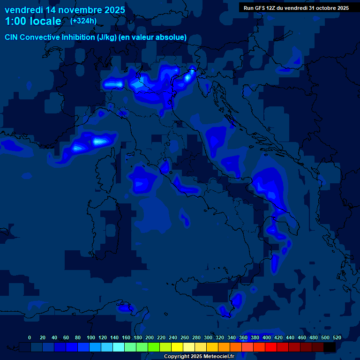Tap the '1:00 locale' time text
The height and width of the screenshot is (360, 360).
click(x=33, y=21)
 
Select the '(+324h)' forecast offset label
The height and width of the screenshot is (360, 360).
click(x=83, y=21)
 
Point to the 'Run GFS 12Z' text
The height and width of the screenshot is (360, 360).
click(x=260, y=8)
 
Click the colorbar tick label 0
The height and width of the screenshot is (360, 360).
click(x=30, y=337)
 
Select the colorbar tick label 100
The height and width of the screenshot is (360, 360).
click(x=91, y=337)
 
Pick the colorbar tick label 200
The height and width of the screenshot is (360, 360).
click(x=150, y=337)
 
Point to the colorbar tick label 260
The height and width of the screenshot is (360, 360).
click(x=185, y=337)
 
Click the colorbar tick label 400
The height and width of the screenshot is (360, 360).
click(x=267, y=337)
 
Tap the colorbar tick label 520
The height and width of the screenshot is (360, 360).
click(x=337, y=337)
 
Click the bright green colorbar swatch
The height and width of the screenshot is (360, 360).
click(x=154, y=347)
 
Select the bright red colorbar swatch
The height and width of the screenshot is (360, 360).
click(x=271, y=347)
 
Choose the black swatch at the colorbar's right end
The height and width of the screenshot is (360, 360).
click(x=330, y=347)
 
